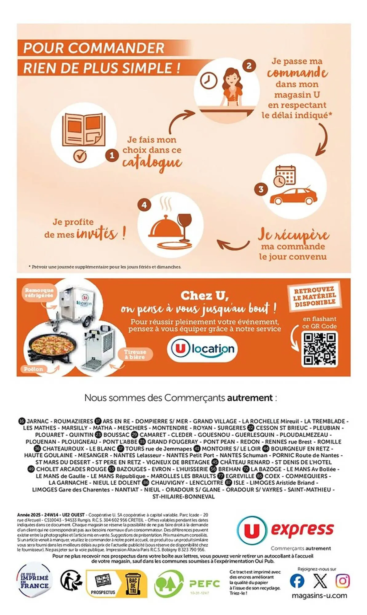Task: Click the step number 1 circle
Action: tap(112, 155)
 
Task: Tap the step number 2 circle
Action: tap(249, 65)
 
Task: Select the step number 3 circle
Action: tap(261, 189)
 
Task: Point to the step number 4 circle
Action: tap(144, 205)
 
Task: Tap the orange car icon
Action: tap(293, 196)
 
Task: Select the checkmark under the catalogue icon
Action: tap(80, 156)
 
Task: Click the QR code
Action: tap(319, 349)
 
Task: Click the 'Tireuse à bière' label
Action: tap(135, 354)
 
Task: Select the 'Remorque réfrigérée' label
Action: tap(39, 292)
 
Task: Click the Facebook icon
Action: tap(297, 581)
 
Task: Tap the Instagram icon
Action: tap(342, 581)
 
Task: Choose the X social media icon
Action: tap(320, 581)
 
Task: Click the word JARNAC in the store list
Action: tap(38, 421)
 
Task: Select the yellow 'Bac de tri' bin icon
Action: tap(133, 583)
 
